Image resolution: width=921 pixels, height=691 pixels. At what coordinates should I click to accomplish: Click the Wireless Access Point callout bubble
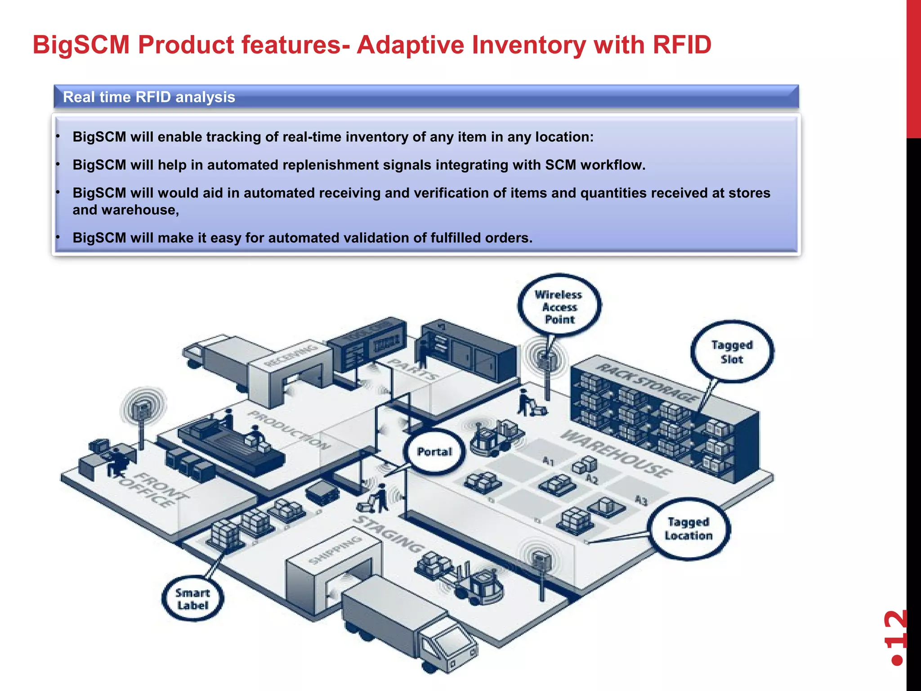click(x=559, y=306)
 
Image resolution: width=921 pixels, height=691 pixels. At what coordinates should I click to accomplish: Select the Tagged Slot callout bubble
click(x=732, y=352)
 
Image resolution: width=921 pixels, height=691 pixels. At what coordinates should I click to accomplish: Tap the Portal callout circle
click(x=434, y=452)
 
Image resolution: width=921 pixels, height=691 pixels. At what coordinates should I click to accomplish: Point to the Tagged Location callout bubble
click(x=688, y=529)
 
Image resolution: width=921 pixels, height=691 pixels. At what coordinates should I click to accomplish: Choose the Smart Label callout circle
click(x=192, y=599)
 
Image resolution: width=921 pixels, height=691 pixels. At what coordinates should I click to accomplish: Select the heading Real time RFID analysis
click(x=149, y=97)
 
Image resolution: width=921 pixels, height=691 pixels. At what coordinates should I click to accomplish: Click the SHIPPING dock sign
click(x=335, y=550)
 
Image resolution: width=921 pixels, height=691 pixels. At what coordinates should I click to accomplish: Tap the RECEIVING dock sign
click(x=290, y=356)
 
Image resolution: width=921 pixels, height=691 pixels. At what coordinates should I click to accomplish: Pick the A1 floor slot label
click(x=549, y=461)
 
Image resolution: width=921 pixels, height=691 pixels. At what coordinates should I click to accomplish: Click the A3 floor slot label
click(x=641, y=500)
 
